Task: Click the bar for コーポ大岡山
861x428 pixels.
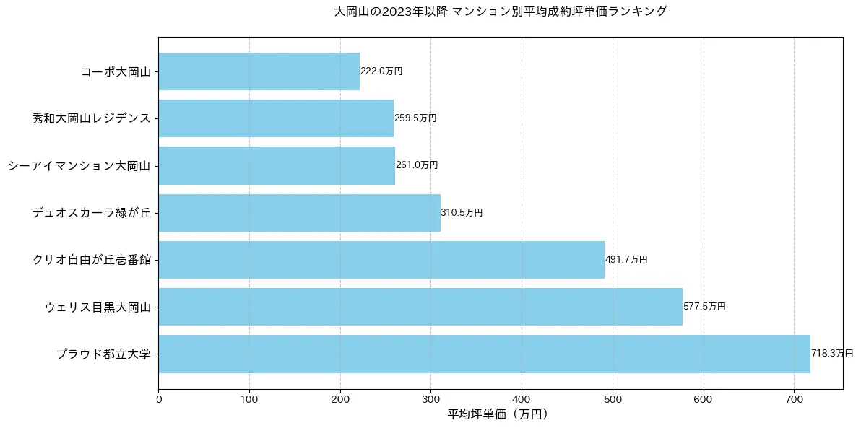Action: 259,71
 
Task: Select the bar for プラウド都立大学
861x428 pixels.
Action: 484,354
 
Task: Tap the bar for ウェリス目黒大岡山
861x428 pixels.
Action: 420,307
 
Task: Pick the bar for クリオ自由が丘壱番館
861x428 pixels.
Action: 381,260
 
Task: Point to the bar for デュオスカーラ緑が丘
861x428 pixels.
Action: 299,213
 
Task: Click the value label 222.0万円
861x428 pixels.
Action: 381,71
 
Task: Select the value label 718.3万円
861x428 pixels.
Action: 832,354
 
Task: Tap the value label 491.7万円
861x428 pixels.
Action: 626,260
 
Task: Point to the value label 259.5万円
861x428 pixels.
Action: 415,118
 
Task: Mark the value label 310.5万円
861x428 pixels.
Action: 462,213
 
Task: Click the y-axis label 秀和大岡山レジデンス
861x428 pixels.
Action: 91,118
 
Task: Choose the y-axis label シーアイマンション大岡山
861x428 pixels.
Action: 79,166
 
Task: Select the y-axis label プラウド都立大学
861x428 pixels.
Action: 103,354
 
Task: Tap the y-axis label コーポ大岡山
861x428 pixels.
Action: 116,71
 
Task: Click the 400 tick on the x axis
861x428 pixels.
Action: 522,398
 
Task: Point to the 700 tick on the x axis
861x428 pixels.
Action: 794,398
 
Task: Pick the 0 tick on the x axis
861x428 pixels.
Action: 158,398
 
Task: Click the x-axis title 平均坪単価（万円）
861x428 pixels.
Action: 500,414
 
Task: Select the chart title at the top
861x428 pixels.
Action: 500,12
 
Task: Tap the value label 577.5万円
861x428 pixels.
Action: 704,307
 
